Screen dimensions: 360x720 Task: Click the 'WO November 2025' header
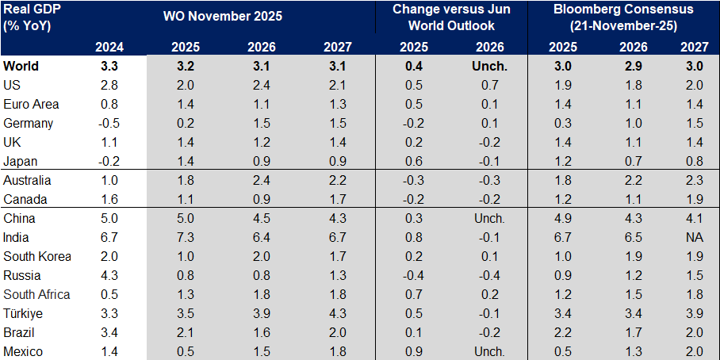click(x=223, y=15)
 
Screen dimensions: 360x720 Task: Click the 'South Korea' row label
click(x=37, y=256)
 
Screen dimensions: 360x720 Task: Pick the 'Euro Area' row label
click(x=31, y=104)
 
